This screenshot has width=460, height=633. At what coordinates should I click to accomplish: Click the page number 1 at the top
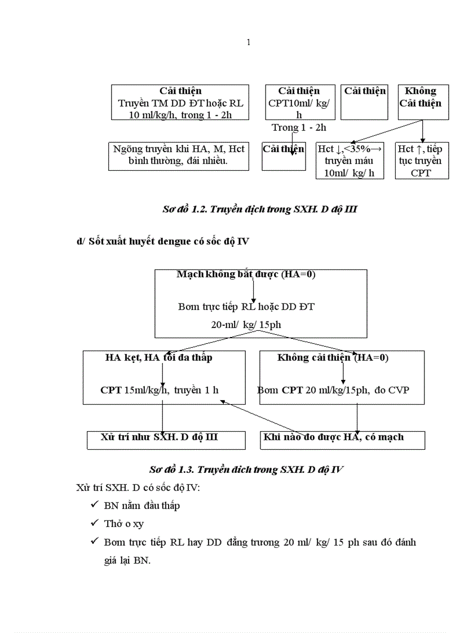click(x=249, y=42)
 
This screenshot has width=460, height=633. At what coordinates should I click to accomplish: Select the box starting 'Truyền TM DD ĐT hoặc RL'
click(x=180, y=103)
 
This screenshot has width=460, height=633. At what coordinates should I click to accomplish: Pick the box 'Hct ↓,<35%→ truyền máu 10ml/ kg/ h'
click(x=350, y=161)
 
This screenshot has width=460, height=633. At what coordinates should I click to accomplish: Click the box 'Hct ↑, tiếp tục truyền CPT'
click(x=421, y=161)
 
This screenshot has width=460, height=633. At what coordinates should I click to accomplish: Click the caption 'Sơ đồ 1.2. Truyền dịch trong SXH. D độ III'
click(x=260, y=209)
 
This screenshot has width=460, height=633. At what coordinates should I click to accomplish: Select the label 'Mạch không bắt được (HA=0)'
click(x=246, y=275)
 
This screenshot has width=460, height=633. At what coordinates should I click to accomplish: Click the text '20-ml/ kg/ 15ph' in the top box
click(x=246, y=325)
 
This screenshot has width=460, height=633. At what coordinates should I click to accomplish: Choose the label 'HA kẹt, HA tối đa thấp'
click(x=158, y=357)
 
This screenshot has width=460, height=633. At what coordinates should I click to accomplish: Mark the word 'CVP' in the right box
click(x=399, y=389)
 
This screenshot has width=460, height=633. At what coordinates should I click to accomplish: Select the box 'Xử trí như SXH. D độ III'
click(x=166, y=440)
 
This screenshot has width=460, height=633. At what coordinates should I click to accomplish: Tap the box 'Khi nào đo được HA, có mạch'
click(x=342, y=440)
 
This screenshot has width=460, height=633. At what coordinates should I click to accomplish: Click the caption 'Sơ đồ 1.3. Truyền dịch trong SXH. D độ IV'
click(x=246, y=470)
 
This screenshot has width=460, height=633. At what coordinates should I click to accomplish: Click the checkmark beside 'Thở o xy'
click(x=95, y=523)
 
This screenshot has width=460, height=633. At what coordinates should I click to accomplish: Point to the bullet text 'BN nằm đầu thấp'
click(x=142, y=506)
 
